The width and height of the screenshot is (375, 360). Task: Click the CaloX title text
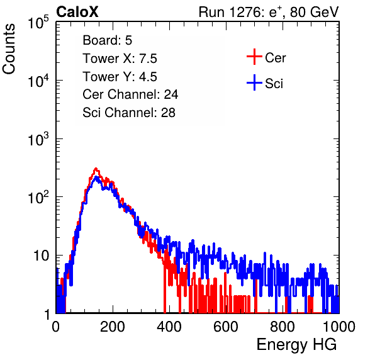tap(77, 12)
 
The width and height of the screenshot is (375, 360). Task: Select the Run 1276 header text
tap(269, 12)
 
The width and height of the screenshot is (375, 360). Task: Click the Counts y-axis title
tap(9, 49)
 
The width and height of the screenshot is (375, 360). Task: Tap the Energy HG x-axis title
tap(296, 344)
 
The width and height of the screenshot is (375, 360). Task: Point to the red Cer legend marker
tap(254, 57)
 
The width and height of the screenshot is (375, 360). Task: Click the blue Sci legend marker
tap(254, 82)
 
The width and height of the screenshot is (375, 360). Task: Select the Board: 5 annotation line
tap(108, 40)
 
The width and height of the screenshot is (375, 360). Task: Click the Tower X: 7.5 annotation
tap(120, 59)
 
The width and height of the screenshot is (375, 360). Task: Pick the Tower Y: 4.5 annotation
tap(120, 77)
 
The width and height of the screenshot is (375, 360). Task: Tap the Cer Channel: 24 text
tap(130, 94)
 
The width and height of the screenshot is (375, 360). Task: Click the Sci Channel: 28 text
tap(129, 113)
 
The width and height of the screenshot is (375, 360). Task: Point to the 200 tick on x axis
tap(113, 327)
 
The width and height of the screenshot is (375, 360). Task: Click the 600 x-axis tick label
tap(226, 327)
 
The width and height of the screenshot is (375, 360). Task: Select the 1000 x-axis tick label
tap(339, 327)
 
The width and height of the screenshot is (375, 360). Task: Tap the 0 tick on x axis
tap(56, 327)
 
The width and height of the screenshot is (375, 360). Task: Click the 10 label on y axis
tap(41, 256)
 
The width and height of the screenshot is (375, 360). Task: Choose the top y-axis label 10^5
tap(38, 22)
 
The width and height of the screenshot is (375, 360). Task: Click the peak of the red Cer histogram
tap(96, 169)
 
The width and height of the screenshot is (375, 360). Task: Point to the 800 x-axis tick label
tap(283, 327)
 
